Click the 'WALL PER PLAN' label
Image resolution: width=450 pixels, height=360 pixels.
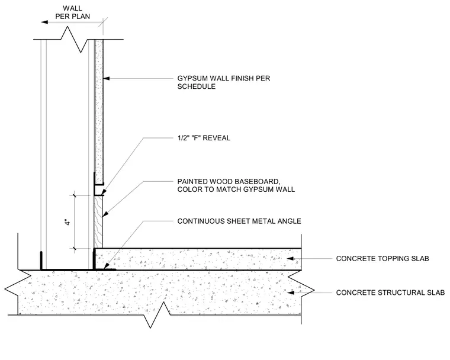click(x=73, y=12)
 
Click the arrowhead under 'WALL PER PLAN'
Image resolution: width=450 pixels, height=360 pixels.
click(x=44, y=22)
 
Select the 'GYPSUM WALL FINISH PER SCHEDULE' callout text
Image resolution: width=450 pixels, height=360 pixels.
click(x=224, y=82)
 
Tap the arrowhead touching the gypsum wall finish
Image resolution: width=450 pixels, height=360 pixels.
click(x=106, y=78)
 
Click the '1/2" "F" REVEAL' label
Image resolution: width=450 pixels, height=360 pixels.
click(x=204, y=138)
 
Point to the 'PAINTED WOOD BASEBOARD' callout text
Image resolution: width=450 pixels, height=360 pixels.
click(x=236, y=185)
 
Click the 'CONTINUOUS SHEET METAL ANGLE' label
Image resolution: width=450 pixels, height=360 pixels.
click(x=239, y=221)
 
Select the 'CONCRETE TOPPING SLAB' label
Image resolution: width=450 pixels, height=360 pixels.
click(x=382, y=258)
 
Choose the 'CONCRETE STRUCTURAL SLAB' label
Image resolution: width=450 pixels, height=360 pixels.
click(x=390, y=292)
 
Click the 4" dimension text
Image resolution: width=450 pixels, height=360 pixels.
click(x=67, y=222)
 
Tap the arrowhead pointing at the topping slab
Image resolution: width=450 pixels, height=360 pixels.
click(x=291, y=258)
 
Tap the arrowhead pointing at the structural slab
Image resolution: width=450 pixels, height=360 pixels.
click(x=291, y=292)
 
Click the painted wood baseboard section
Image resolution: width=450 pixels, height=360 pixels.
click(x=98, y=222)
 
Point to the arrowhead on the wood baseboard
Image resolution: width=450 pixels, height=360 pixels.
click(x=105, y=214)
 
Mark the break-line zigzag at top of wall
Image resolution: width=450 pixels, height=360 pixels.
click(x=74, y=39)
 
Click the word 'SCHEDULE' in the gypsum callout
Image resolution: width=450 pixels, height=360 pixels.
click(x=197, y=86)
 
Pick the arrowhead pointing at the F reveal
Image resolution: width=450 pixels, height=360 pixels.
click(x=104, y=192)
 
